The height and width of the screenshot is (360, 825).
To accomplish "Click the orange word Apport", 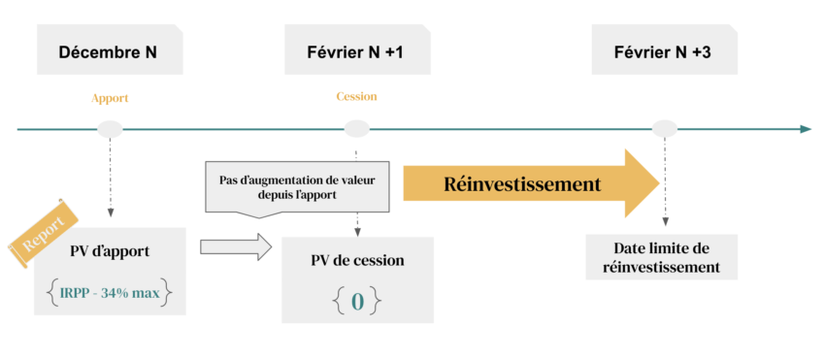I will [x=110, y=98].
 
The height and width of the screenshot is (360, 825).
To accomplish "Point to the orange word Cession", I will [x=356, y=96].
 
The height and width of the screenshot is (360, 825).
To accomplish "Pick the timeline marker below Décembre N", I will [x=111, y=128].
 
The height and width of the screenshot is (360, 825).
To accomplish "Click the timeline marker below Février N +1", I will [x=357, y=128].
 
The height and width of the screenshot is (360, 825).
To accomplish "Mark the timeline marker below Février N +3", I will [x=664, y=128].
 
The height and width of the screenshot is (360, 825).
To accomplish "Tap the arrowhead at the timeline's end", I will [x=805, y=128].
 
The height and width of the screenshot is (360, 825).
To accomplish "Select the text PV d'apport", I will [x=109, y=252].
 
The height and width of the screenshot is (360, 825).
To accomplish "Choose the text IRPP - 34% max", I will [x=109, y=289].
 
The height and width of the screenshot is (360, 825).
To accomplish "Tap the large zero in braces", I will [x=357, y=301].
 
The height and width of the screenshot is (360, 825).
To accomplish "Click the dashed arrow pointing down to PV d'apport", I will [x=111, y=184].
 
